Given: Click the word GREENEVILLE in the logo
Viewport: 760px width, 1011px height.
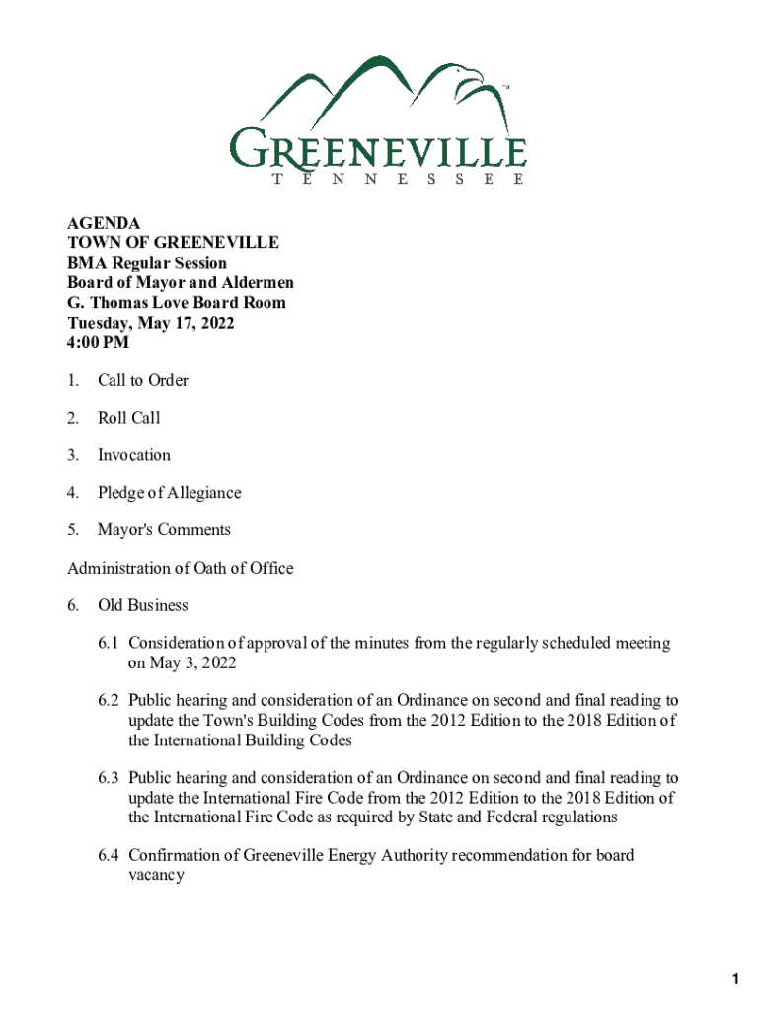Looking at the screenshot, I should coord(379,151).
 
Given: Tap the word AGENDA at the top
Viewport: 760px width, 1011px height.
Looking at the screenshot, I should coord(104,223).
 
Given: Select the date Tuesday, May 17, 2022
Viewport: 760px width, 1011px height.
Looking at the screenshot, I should coord(151,323).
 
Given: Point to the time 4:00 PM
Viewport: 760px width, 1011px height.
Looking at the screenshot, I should coord(99,343).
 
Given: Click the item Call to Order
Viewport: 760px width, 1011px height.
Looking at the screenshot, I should coord(143,380).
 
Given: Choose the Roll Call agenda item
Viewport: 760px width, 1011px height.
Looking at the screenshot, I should coord(129,418).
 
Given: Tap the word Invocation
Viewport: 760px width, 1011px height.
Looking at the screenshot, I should coord(134,455).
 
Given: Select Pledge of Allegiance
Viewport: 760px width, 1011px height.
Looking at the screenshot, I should coord(169,493).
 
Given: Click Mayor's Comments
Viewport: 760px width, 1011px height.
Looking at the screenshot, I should coord(164,530).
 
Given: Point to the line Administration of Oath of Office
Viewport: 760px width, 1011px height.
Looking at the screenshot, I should coord(181,568).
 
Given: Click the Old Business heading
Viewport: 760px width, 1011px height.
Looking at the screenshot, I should coord(143,605).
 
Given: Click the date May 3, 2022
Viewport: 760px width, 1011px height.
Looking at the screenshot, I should coord(183,662).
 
